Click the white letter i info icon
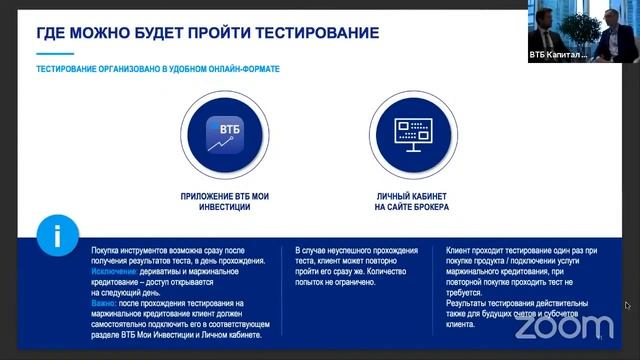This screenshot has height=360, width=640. pyautogui.click(x=57, y=237)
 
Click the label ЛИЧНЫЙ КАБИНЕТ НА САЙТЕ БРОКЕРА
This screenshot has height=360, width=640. pyautogui.click(x=412, y=201)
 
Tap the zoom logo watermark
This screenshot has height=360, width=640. pyautogui.click(x=565, y=325)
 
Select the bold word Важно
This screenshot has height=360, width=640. pyautogui.click(x=104, y=302)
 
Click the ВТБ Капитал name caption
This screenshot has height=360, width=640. pyautogui.click(x=558, y=55)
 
